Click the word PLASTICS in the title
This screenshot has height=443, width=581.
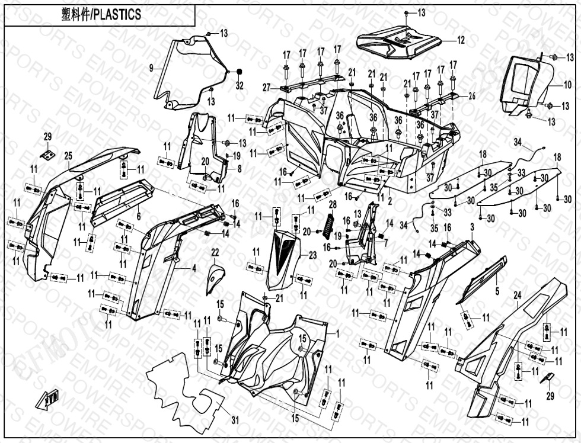click(x=116, y=15)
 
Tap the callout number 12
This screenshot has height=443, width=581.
click(x=461, y=41)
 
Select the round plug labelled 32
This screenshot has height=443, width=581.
click(x=240, y=72)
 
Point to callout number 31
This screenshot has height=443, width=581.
click(x=235, y=420)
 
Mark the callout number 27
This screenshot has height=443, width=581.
click(x=266, y=87)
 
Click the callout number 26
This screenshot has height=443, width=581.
click(x=472, y=96)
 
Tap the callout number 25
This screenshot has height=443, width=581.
click(x=68, y=156)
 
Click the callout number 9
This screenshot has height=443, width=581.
click(x=151, y=68)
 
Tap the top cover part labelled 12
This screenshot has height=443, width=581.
click(x=400, y=44)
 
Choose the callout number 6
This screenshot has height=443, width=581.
click(x=138, y=217)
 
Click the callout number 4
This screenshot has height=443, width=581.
click(x=193, y=268)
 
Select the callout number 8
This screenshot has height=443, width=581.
click(x=239, y=169)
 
